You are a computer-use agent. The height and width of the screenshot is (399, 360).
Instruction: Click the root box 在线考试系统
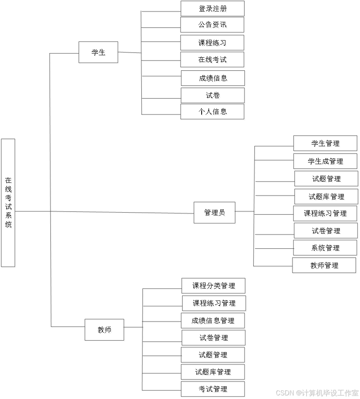pos(9,203)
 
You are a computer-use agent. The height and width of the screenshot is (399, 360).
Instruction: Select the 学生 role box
pos(99,53)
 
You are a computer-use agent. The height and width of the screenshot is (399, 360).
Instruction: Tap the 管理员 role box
pos(215,213)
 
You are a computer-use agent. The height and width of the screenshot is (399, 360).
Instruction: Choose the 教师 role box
pos(105,330)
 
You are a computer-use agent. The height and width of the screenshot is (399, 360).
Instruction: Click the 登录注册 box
pos(213,9)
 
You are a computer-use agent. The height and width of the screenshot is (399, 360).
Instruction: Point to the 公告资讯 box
pos(213,26)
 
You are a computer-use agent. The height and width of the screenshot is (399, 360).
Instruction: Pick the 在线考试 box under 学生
pos(213,60)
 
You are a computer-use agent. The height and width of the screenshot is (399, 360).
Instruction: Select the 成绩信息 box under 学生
pos(214,79)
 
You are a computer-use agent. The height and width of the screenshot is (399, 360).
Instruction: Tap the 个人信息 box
pos(213,112)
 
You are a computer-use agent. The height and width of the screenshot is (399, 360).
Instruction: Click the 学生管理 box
pos(326,144)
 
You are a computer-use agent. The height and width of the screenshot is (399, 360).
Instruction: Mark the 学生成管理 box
pos(326,162)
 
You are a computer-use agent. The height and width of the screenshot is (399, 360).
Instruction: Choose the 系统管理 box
pos(325,248)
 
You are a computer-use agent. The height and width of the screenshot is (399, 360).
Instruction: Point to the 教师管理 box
pos(325,266)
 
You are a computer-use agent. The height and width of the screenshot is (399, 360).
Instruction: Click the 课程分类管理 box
pos(214,286)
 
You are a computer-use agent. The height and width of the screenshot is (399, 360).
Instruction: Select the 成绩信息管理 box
pos(213,321)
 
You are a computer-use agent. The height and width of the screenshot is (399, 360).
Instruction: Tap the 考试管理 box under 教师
pos(213,389)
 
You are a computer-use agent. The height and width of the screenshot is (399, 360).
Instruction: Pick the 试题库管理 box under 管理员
pos(327,197)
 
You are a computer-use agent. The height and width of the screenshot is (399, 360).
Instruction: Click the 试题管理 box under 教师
pos(214,355)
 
